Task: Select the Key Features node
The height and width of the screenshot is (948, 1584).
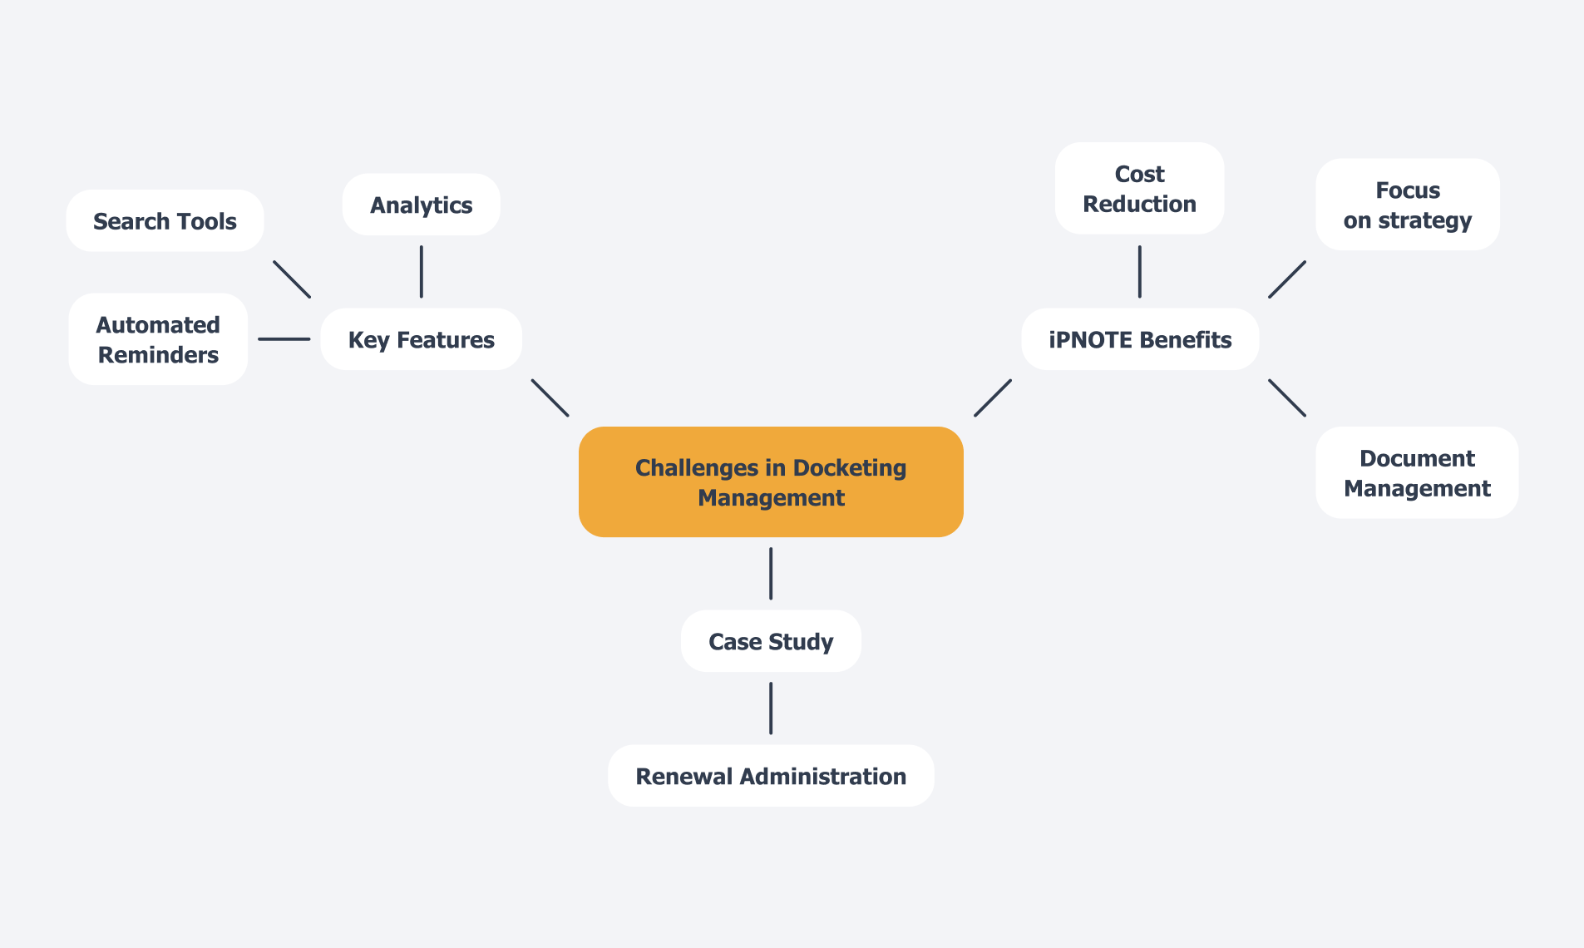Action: click(421, 339)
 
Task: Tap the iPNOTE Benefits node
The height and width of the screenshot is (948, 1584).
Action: click(1139, 339)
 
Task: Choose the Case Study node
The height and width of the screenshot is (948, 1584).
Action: click(770, 641)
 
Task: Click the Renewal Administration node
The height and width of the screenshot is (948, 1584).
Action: click(770, 776)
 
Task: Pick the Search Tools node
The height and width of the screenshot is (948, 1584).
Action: click(165, 221)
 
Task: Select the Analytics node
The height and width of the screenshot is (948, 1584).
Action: click(421, 205)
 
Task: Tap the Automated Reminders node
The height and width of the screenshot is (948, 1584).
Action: click(158, 339)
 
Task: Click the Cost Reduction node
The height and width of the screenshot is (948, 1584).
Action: click(1139, 189)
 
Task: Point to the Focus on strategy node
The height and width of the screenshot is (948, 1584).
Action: click(1407, 205)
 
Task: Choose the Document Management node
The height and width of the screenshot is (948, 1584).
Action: click(1416, 473)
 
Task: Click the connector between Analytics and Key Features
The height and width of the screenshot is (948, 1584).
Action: click(421, 271)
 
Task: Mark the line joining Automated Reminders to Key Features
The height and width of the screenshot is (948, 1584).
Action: click(284, 339)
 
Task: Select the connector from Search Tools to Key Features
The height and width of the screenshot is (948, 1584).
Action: click(292, 279)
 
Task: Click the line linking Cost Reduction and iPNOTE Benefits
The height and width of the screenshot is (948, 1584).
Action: click(1139, 271)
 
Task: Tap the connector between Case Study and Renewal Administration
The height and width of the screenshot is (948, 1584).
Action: click(770, 708)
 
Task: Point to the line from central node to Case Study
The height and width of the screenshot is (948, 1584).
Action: click(770, 573)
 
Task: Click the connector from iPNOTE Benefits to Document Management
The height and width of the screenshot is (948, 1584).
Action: click(1286, 397)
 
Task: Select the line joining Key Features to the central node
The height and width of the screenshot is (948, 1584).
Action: click(550, 397)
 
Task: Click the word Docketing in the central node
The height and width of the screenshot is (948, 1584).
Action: click(849, 468)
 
